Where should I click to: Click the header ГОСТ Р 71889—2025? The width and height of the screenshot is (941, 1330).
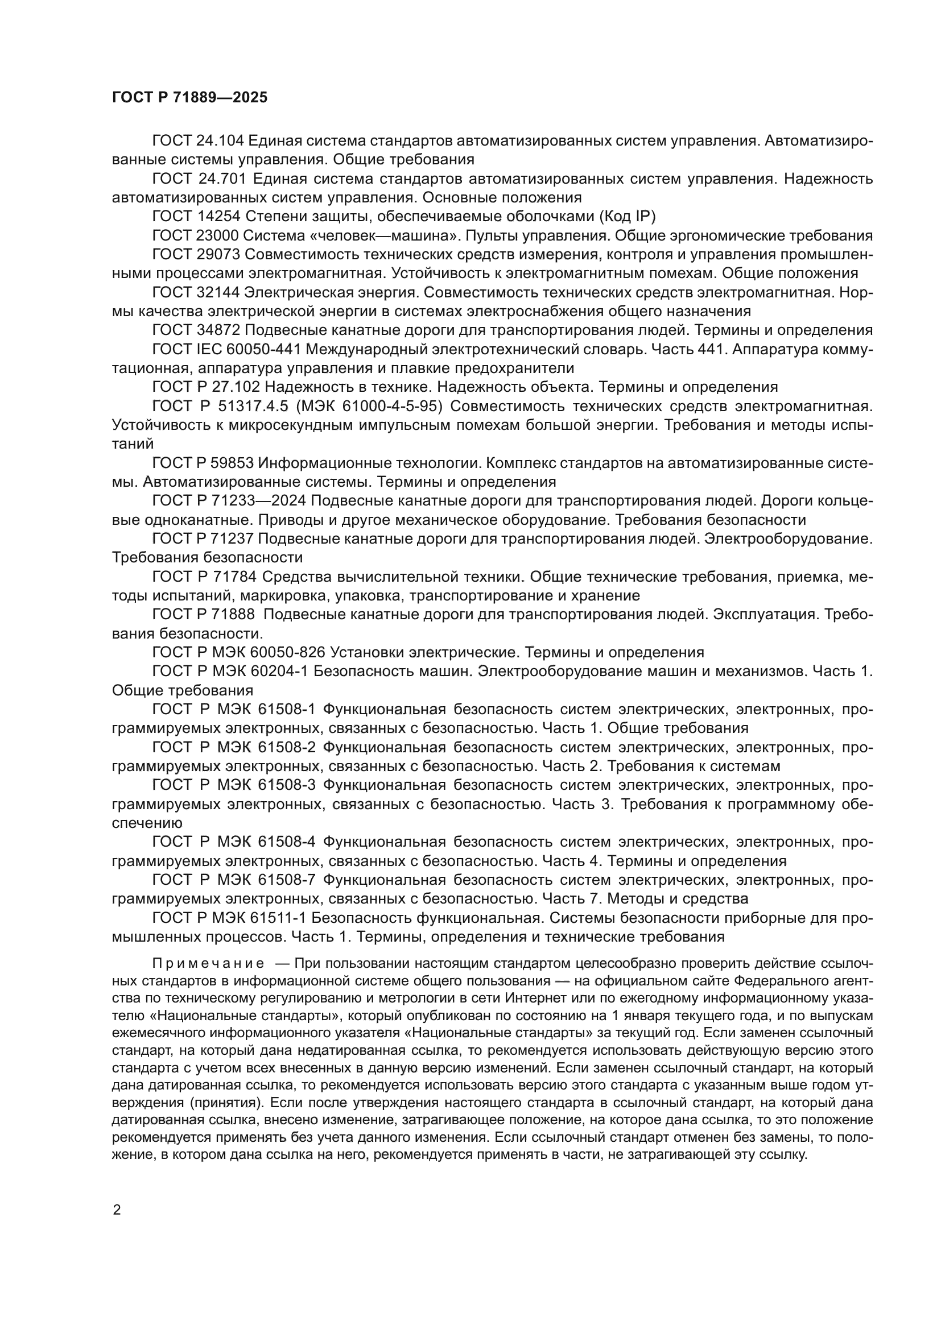[189, 97]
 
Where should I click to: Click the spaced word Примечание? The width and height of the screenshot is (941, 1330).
[208, 963]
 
